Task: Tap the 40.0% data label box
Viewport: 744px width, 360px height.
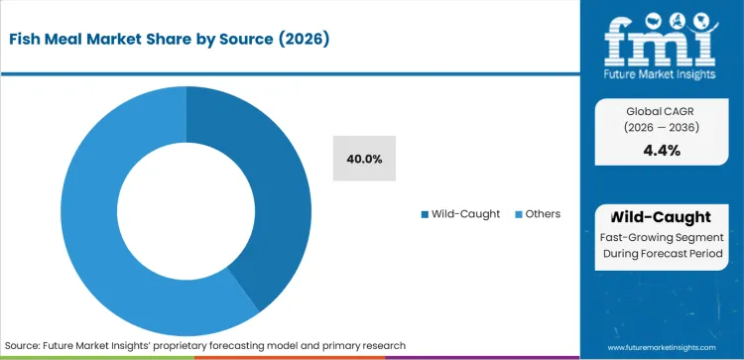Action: pyautogui.click(x=364, y=159)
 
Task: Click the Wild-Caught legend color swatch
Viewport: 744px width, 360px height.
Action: pyautogui.click(x=426, y=214)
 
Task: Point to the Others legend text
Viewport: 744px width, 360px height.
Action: pyautogui.click(x=543, y=214)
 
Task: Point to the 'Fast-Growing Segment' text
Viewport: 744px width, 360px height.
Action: pyautogui.click(x=662, y=238)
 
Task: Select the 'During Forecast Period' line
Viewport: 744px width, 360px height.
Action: pyautogui.click(x=662, y=256)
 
